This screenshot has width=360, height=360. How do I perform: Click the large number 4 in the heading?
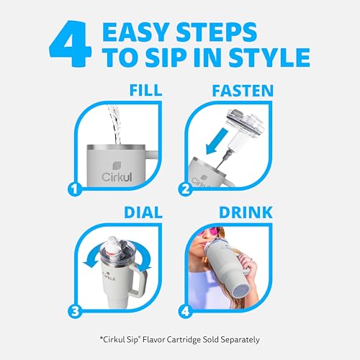(x=70, y=44)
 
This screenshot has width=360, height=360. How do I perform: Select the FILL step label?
(x=145, y=91)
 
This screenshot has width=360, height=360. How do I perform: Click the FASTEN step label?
(x=243, y=91)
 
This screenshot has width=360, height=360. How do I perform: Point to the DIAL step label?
(x=143, y=212)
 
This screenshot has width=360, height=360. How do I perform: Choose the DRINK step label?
(x=246, y=212)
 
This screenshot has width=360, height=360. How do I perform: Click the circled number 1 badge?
(x=75, y=189)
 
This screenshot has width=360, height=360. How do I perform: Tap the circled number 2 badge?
(x=186, y=189)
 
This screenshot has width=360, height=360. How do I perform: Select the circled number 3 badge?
(x=75, y=312)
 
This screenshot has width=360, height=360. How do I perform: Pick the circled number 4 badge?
(x=186, y=312)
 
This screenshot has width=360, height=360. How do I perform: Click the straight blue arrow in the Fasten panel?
(x=217, y=141)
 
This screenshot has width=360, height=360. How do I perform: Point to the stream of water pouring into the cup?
(x=115, y=124)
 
